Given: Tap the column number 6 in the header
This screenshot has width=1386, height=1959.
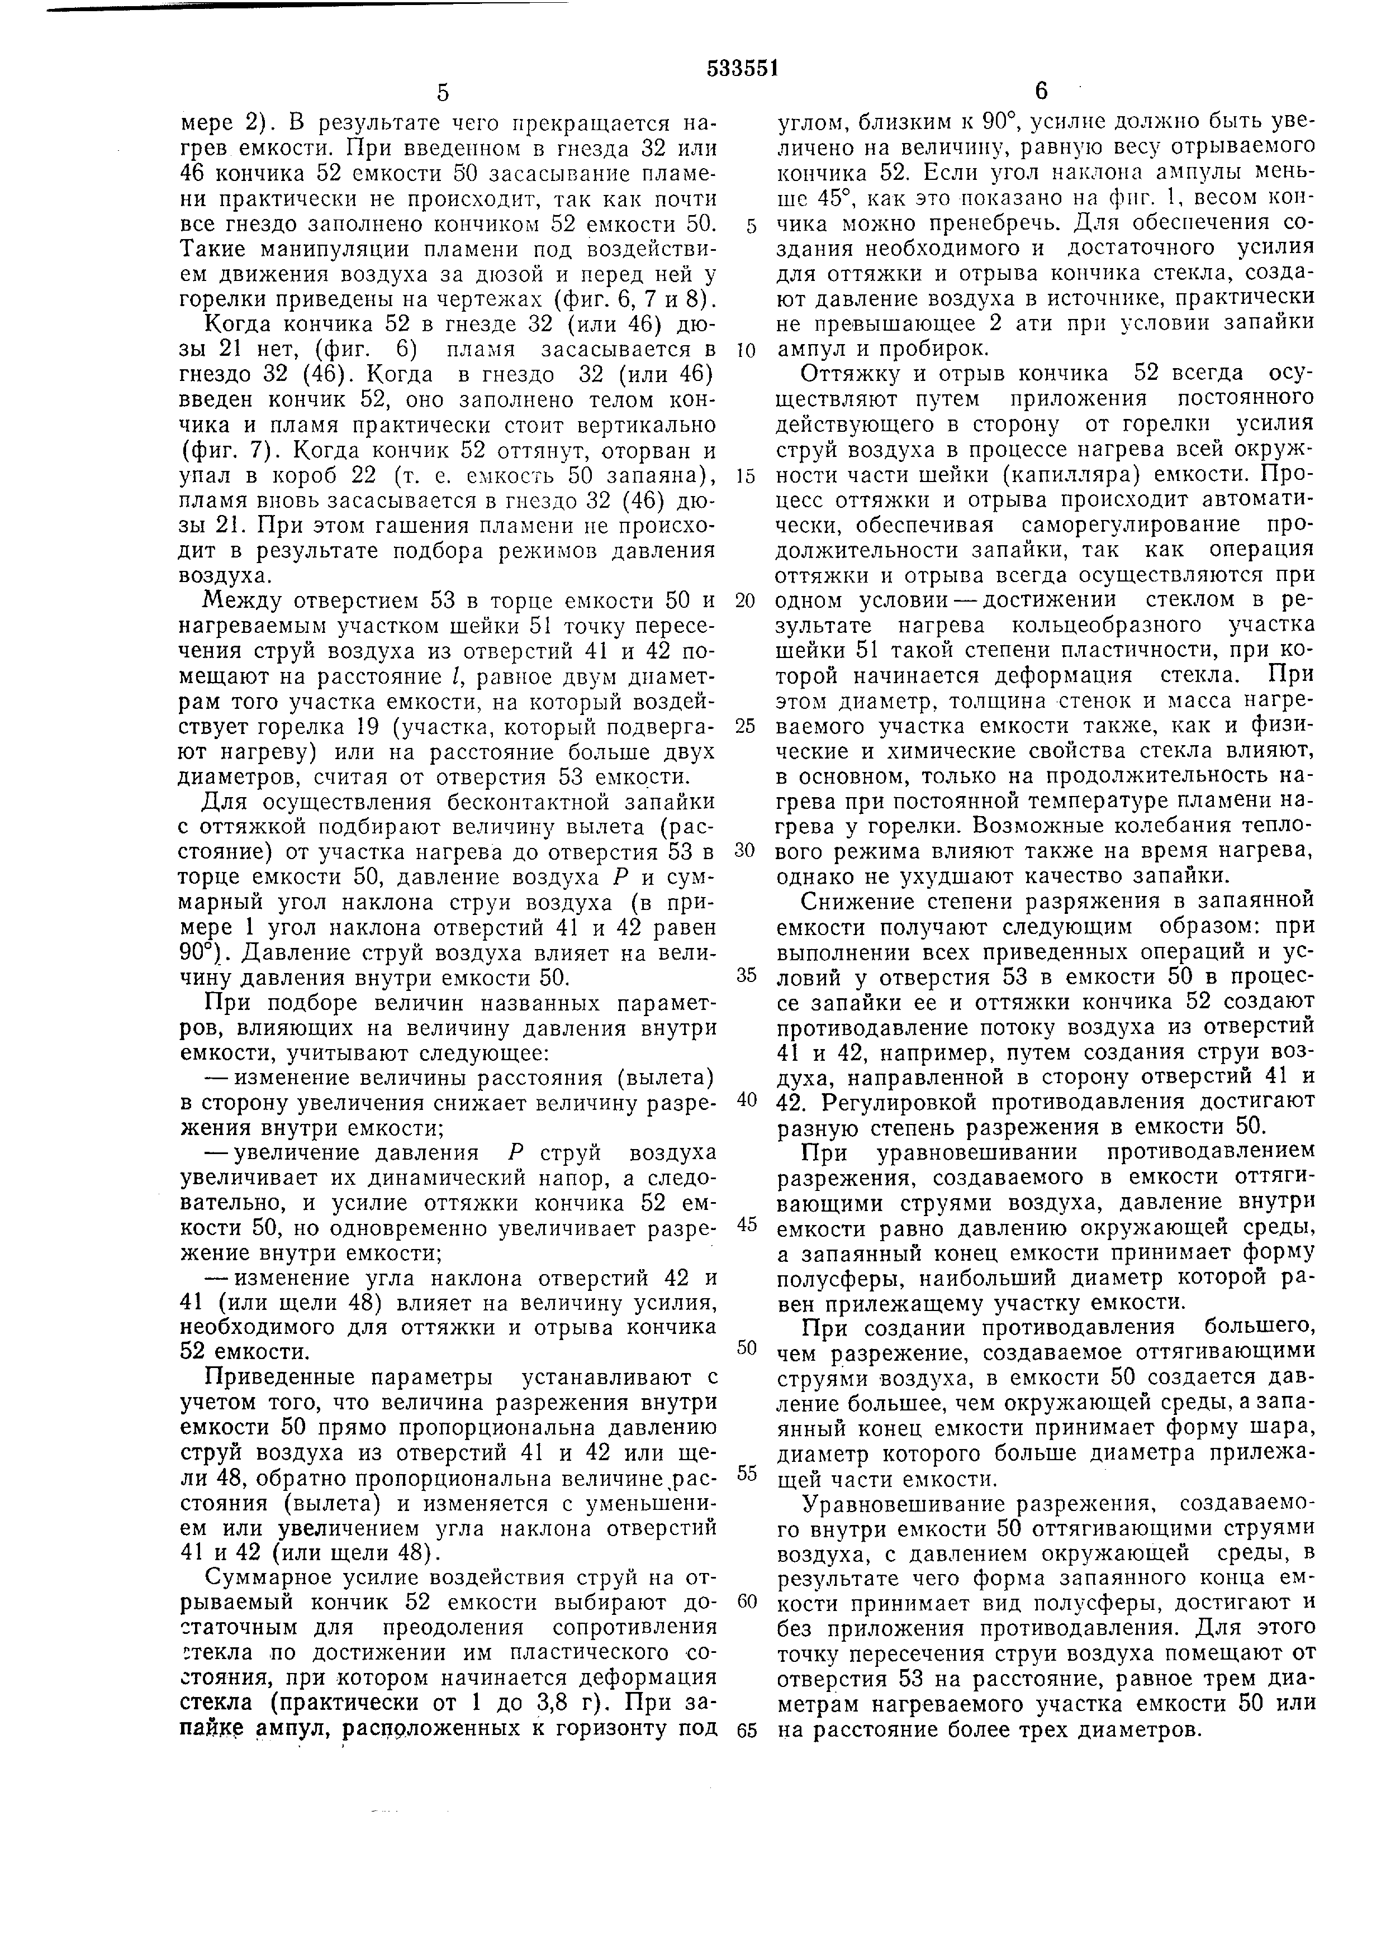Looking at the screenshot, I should tap(1041, 91).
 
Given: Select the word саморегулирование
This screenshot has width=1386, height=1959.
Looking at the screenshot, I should tap(1095, 524).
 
